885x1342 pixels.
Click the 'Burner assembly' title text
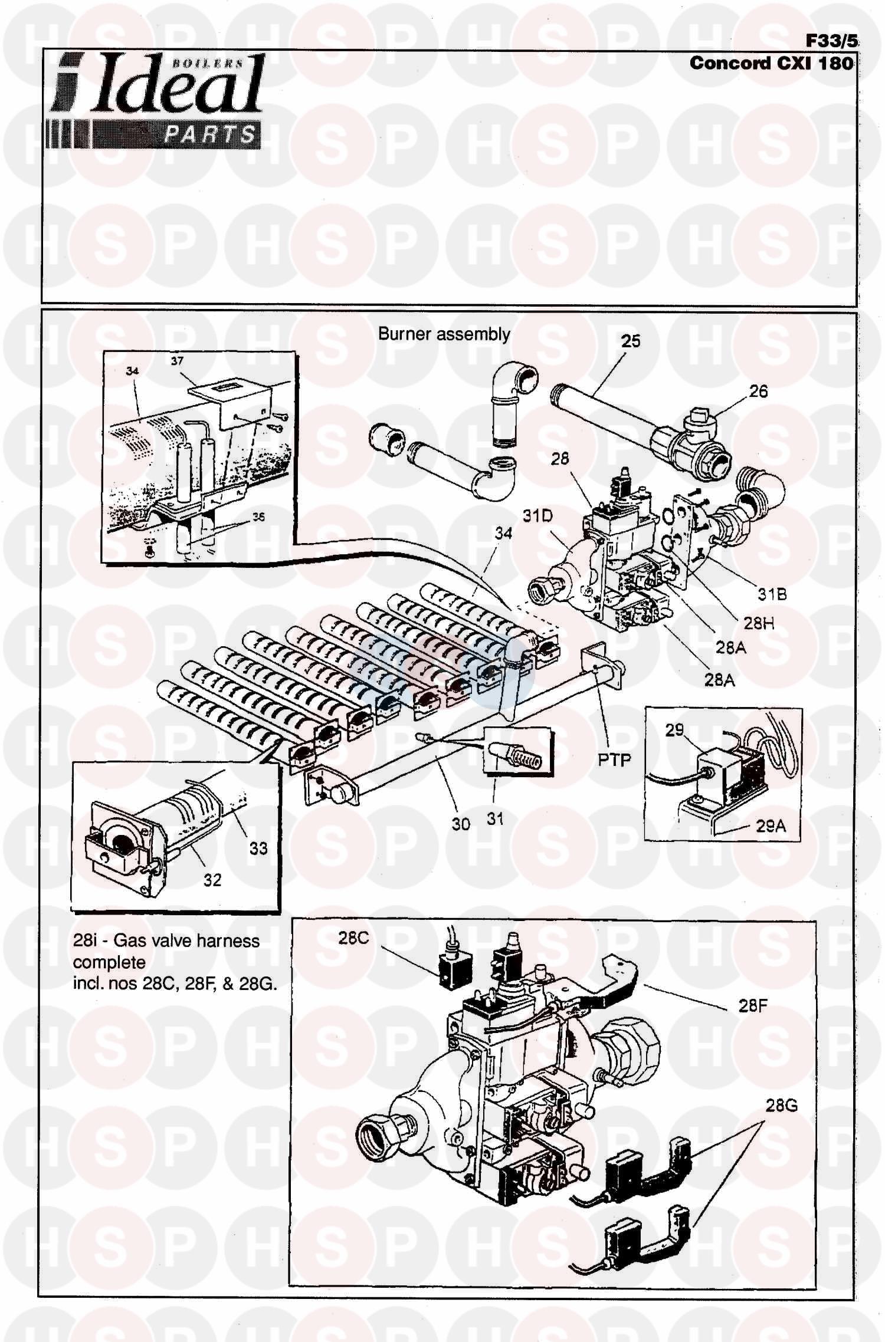click(444, 334)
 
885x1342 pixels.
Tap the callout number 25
click(631, 341)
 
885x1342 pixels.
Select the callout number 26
click(758, 391)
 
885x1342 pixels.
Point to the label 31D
click(537, 516)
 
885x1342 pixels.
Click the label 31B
click(772, 594)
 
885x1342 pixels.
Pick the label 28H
click(758, 623)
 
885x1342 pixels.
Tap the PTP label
click(614, 760)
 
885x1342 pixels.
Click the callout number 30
click(460, 824)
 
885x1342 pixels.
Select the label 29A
click(771, 826)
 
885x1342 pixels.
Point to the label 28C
click(353, 938)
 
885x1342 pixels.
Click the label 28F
click(752, 1005)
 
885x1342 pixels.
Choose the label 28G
click(781, 1106)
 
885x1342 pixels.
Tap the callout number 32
click(212, 880)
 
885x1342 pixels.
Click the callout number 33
click(258, 848)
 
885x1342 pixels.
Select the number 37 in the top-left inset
click(177, 361)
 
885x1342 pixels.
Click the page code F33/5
click(831, 41)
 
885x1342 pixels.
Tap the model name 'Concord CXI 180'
click(771, 63)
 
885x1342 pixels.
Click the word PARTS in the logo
click(210, 135)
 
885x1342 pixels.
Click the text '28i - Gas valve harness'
click(166, 940)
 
